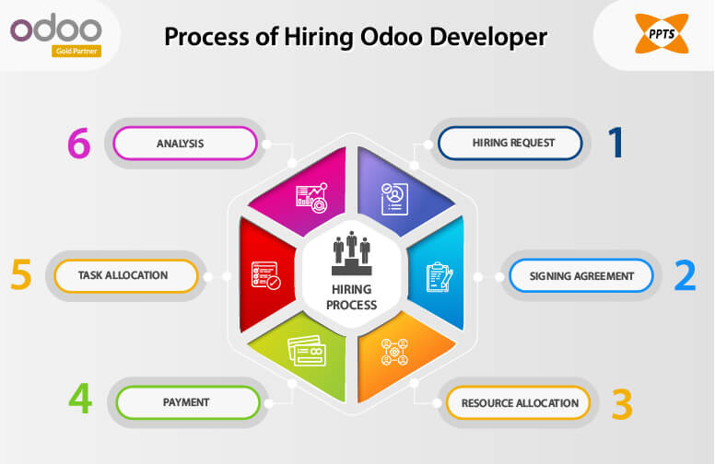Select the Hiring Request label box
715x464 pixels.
[x=510, y=144]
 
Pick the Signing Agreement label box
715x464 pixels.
[x=581, y=275]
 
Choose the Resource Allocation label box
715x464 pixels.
[x=519, y=402]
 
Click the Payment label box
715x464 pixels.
[x=186, y=402]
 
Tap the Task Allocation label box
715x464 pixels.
[x=125, y=275]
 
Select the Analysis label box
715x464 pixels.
[x=184, y=144]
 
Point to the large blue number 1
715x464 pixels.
[x=615, y=144]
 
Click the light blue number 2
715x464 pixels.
[x=685, y=275]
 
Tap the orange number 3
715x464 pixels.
[x=622, y=402]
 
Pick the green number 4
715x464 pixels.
[x=81, y=400]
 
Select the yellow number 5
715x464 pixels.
[x=22, y=275]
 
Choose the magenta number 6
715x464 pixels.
[x=81, y=144]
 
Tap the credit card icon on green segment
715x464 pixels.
[x=306, y=350]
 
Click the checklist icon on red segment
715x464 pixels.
[x=265, y=275]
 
